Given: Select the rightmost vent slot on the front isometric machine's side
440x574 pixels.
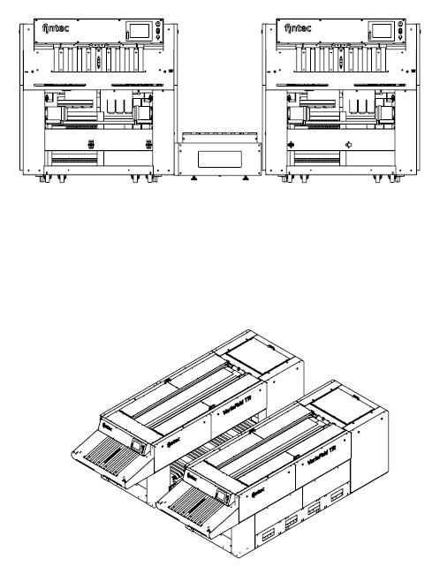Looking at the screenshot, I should point(338,497).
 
